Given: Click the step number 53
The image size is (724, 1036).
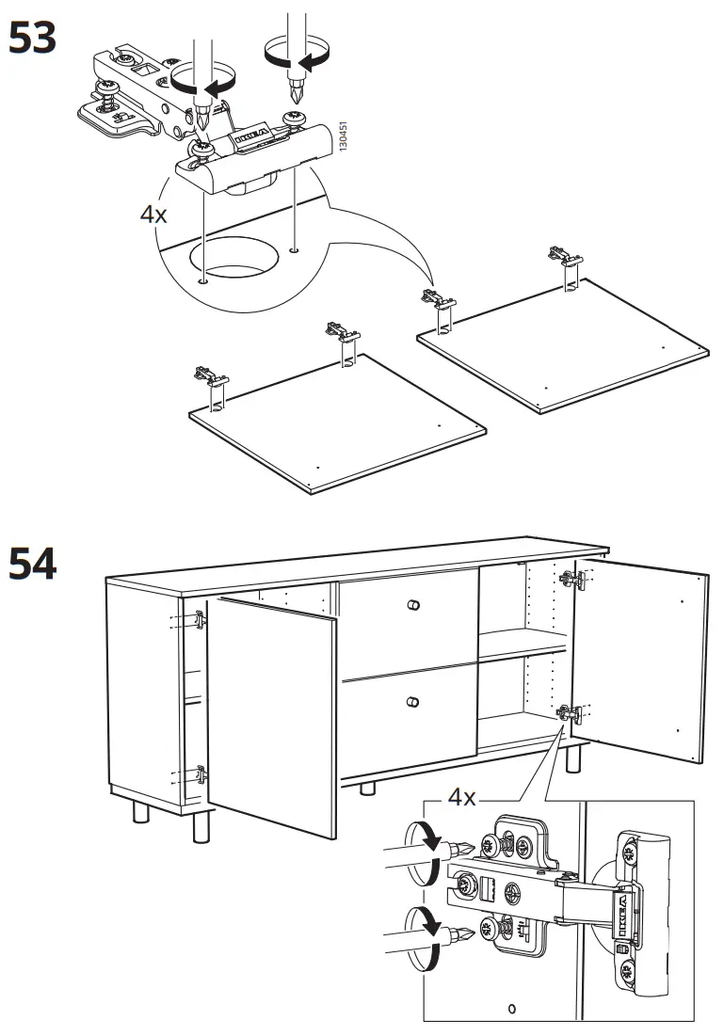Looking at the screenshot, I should [32, 39].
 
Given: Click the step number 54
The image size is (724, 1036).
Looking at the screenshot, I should [32, 564].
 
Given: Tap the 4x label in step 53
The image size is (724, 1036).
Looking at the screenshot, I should [153, 214].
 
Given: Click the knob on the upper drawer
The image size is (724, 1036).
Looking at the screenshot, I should [410, 603].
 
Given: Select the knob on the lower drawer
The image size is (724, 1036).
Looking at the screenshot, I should [410, 701].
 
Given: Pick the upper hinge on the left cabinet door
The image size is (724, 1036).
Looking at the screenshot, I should [200, 619].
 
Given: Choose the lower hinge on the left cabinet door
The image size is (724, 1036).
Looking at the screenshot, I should [200, 775].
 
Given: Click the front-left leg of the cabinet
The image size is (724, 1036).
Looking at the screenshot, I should [200, 825].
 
